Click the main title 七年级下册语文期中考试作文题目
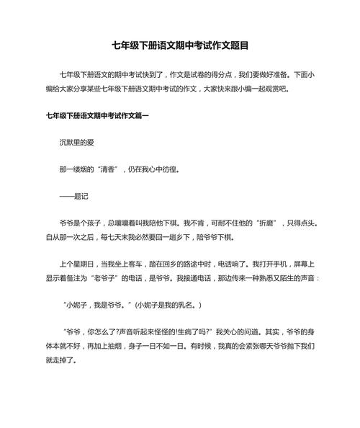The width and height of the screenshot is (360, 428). pyautogui.click(x=180, y=45)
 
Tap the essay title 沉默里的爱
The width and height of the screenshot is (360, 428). pyautogui.click(x=77, y=143)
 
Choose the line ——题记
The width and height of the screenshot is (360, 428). pyautogui.click(x=73, y=196)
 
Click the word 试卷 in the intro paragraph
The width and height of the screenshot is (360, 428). pyautogui.click(x=207, y=73)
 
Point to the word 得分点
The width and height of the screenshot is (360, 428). pyautogui.click(x=235, y=73)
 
